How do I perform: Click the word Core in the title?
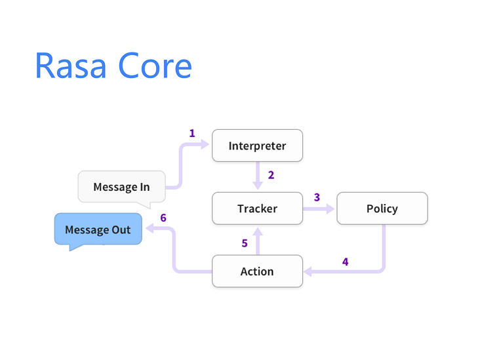click(155, 66)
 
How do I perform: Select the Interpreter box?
click(257, 146)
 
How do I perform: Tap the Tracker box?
click(257, 209)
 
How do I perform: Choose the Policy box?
click(382, 209)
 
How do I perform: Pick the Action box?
click(257, 271)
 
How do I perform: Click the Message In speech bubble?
click(121, 187)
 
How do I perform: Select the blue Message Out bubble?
click(98, 230)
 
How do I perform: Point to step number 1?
click(192, 133)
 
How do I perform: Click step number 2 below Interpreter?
click(271, 175)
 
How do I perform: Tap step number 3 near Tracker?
click(317, 197)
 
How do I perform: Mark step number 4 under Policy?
click(345, 262)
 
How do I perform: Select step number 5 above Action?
click(245, 243)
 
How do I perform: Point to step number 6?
click(163, 218)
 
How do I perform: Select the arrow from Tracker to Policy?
click(319, 209)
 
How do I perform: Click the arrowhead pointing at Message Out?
click(148, 229)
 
